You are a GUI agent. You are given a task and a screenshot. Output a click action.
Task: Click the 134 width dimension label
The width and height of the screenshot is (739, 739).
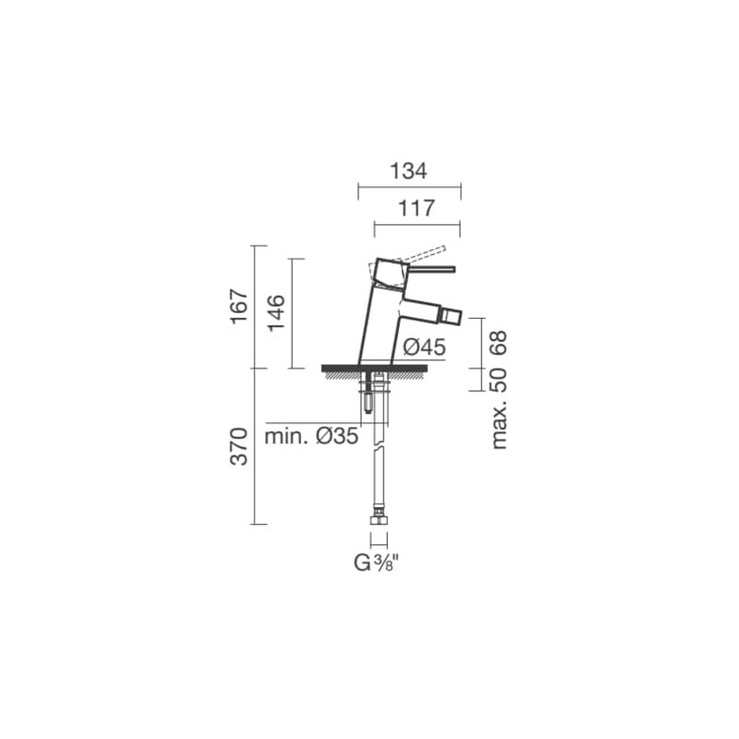tap(408, 171)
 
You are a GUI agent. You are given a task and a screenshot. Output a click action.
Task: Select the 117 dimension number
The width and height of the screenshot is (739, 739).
tap(417, 209)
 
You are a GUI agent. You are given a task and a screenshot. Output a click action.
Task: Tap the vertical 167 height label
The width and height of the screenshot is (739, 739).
tap(239, 307)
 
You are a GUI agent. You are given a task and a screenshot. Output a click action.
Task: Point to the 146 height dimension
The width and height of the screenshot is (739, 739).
tap(276, 312)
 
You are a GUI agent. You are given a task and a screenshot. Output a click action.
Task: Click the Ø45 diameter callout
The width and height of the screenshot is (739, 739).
tap(424, 347)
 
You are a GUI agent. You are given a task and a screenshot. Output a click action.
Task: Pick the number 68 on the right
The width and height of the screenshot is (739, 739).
tap(498, 343)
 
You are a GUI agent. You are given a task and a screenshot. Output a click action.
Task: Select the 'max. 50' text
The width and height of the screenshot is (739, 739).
tap(498, 408)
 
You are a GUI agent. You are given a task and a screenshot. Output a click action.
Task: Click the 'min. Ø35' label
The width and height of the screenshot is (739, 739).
tap(311, 436)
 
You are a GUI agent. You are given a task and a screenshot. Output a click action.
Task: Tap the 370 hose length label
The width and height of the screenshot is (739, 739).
tap(239, 446)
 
